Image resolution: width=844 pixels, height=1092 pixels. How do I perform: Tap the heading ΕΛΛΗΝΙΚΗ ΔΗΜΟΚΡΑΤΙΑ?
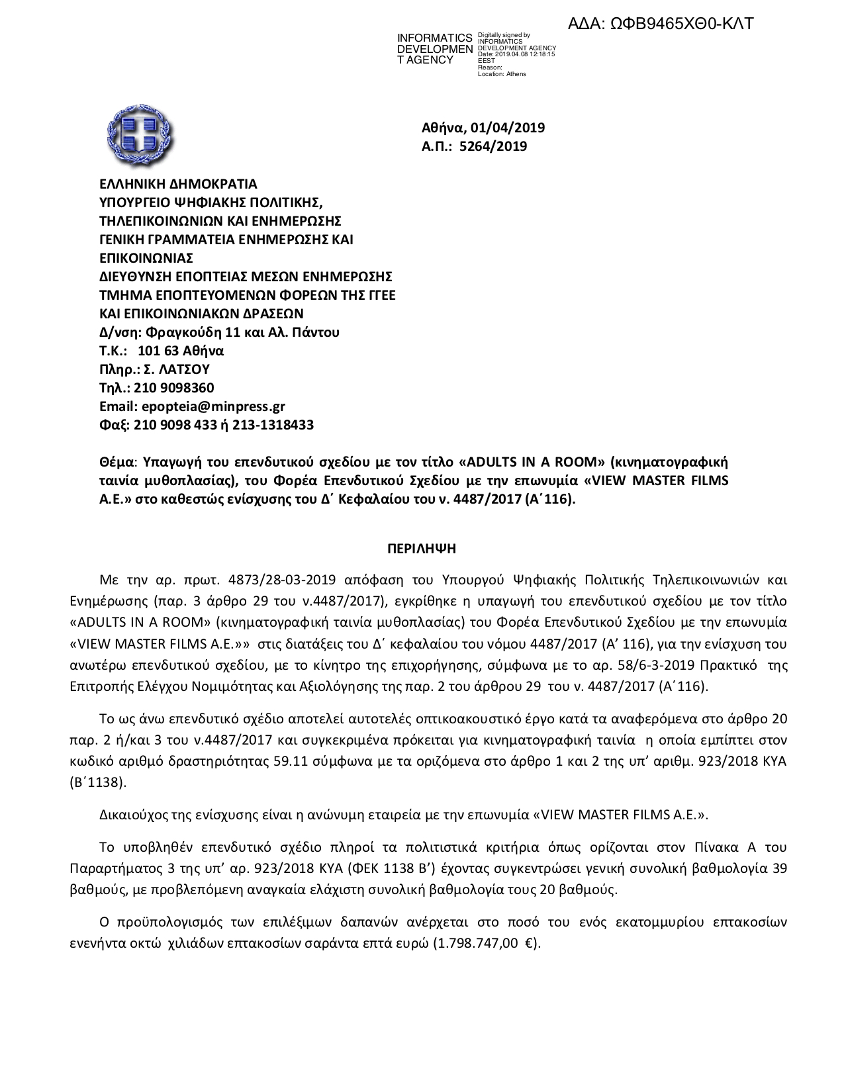point(178,183)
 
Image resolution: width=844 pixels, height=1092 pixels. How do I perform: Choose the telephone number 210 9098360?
point(174,388)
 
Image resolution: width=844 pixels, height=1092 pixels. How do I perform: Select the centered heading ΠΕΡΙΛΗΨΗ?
point(422,549)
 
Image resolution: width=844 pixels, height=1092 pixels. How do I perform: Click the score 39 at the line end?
point(779,868)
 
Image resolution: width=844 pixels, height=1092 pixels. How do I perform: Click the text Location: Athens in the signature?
point(502,74)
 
